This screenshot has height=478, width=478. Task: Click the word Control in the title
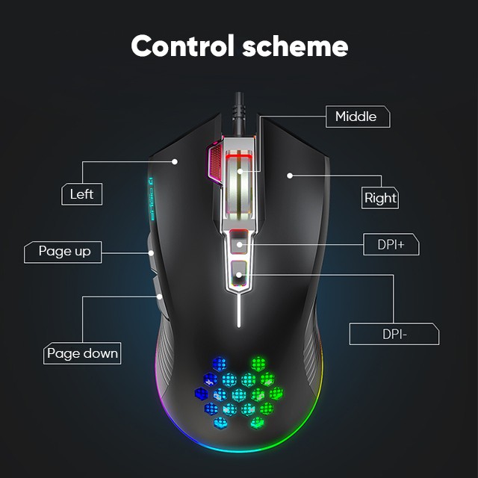coord(183,46)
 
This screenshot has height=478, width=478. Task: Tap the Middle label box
coord(357,117)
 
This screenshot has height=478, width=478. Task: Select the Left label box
coord(81,194)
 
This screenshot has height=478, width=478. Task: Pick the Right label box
coord(380,199)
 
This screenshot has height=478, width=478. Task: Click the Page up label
coord(64,252)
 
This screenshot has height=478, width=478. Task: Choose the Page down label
coord(82,353)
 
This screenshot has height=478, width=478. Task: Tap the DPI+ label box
coord(391,244)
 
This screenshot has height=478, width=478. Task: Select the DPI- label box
coord(394,334)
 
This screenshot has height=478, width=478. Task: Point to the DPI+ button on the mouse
coord(239,242)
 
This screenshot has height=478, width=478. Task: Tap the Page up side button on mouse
coord(153,254)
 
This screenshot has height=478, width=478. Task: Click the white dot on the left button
coord(176,161)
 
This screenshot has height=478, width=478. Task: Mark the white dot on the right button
coord(289,176)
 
